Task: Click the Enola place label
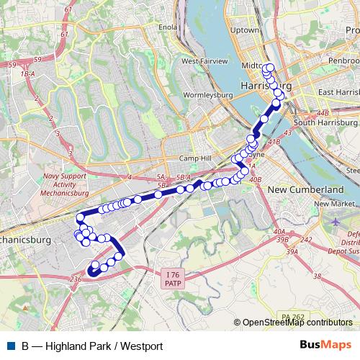(168, 27)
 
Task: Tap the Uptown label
(243, 30)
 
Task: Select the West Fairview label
(204, 62)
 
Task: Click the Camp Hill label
(193, 158)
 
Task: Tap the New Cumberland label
(305, 189)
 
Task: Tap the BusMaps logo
(326, 346)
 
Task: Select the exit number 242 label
(306, 240)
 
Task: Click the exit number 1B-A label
(28, 73)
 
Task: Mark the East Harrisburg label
(338, 93)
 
